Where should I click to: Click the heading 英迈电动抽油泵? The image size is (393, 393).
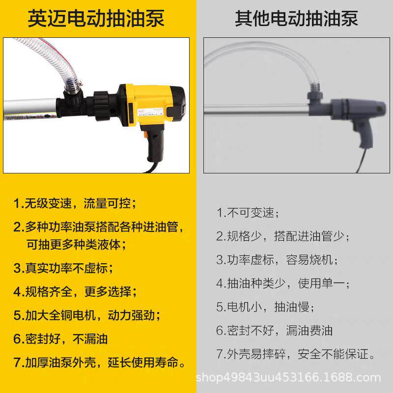point(96,18)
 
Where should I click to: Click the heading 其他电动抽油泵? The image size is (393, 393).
point(296,18)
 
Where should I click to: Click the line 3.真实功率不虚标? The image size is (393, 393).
point(63,268)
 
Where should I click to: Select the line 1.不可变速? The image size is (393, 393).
point(248,213)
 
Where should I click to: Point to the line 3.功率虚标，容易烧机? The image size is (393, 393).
point(278,259)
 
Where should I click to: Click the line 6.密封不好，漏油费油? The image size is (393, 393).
point(275,330)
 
